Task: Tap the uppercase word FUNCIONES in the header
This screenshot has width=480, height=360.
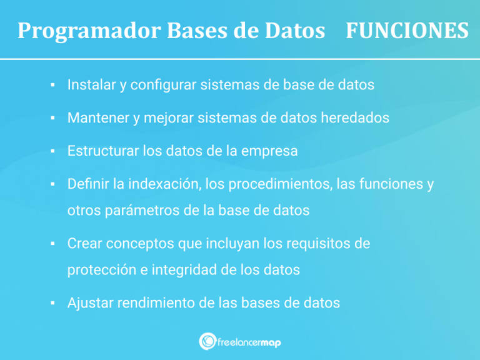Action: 407,30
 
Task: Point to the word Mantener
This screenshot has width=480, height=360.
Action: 98,117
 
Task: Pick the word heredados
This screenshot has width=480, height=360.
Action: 355,117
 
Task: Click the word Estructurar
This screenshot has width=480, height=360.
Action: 103,151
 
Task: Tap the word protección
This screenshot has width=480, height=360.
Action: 102,271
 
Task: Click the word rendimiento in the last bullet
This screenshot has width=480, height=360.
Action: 156,302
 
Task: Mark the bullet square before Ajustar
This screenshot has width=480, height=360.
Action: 52,303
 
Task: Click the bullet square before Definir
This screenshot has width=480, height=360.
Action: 52,184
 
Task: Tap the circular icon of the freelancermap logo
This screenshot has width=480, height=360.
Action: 208,341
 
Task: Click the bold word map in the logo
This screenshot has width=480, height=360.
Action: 271,343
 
